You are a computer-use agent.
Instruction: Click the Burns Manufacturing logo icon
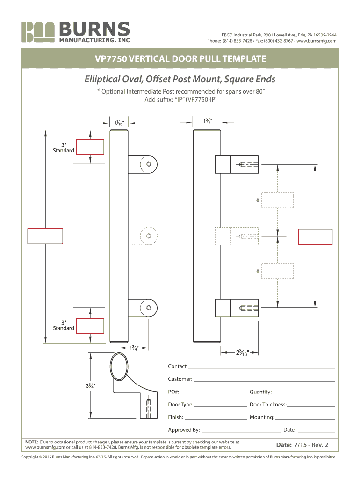(38, 32)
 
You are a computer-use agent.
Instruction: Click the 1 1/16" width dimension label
(119, 123)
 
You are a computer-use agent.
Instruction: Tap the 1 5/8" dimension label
(207, 121)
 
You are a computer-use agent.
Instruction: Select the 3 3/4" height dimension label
(90, 386)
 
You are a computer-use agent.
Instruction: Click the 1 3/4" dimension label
(134, 348)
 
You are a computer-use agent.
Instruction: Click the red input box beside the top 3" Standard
(90, 147)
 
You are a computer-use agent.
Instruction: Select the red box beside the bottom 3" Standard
(90, 326)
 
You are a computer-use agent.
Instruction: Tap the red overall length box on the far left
(45, 236)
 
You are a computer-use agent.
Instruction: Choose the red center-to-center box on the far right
(315, 237)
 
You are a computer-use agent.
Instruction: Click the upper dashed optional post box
(277, 200)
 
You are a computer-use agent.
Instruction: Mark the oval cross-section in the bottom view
(119, 367)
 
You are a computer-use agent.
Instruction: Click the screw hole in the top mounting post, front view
(149, 164)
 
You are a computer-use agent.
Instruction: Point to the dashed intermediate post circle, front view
(149, 236)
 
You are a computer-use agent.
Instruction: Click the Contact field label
(178, 366)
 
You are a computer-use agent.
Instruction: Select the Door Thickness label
(268, 405)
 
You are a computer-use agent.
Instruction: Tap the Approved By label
(184, 430)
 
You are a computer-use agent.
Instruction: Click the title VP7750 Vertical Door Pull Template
(180, 58)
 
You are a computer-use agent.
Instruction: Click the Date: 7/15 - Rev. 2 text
(302, 445)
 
